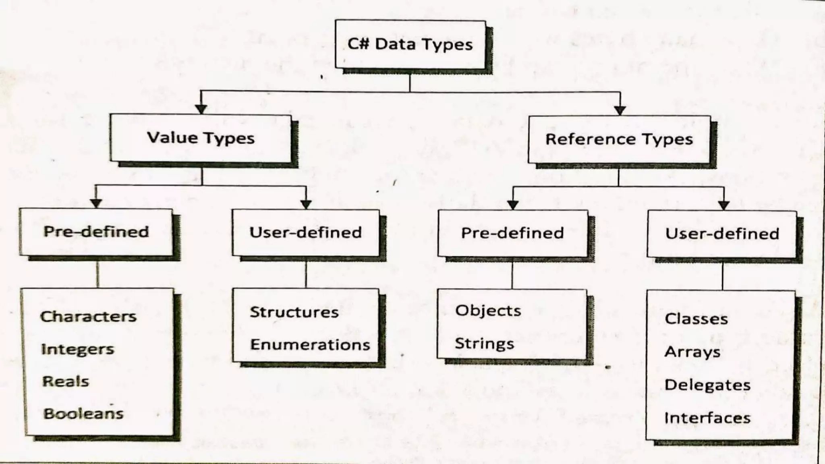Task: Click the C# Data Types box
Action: [410, 44]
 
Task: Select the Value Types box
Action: [201, 138]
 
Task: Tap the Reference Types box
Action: [619, 139]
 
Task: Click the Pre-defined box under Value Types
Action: [96, 232]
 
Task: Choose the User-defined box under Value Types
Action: [306, 232]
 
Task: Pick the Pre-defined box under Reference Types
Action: [512, 233]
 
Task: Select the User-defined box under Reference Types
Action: [722, 234]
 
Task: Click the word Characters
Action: [88, 317]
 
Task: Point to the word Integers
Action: [78, 349]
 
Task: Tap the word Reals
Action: [66, 381]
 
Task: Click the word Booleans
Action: [83, 414]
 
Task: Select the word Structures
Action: [294, 313]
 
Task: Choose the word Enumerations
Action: [310, 345]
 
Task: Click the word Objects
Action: [488, 311]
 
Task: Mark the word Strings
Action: [484, 344]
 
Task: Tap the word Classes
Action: [696, 319]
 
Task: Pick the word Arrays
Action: [692, 352]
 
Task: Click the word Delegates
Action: [707, 385]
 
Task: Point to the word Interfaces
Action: [707, 418]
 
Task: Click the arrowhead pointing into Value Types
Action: [201, 109]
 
